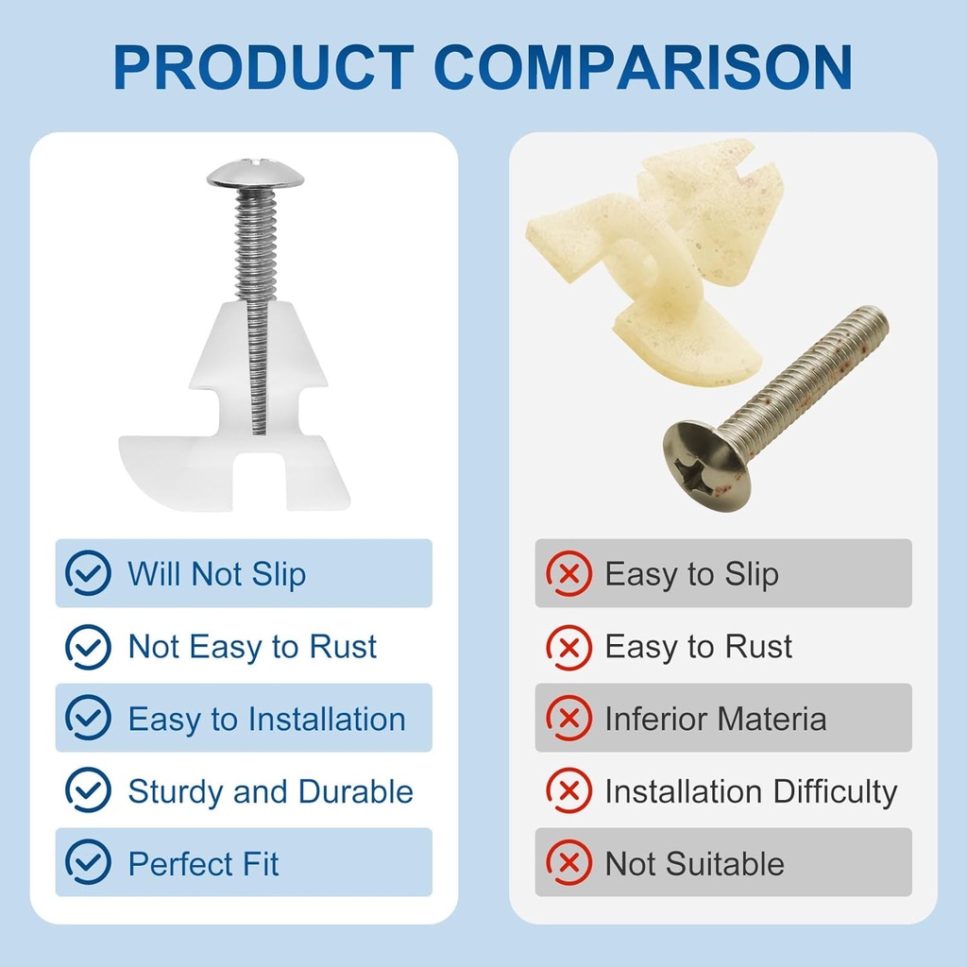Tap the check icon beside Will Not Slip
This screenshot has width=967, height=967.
[x=88, y=573]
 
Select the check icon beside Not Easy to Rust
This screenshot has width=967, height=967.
[x=88, y=646]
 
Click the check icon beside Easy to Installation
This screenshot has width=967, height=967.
[x=88, y=719]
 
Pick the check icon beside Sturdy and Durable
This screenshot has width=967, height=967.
[x=88, y=790]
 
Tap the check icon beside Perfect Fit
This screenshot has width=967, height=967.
[x=88, y=863]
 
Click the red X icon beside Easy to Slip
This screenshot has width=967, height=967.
[x=569, y=573]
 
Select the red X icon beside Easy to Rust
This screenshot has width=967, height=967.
[x=569, y=646]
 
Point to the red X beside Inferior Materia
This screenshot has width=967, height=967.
[x=569, y=719]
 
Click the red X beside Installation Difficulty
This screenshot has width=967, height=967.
[x=569, y=790]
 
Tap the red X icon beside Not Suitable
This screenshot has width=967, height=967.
[x=569, y=863]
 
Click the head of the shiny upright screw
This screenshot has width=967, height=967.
[x=255, y=174]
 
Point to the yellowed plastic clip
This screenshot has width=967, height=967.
[x=661, y=255]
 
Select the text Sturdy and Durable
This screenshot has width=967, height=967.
[x=270, y=791]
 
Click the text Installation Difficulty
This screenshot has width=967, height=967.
[x=751, y=791]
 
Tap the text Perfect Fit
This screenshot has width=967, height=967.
[x=203, y=864]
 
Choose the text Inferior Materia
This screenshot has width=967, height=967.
[x=715, y=720]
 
